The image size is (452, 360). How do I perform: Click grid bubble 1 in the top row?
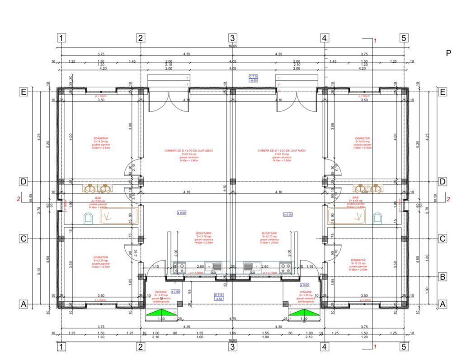pyautogui.click(x=61, y=38)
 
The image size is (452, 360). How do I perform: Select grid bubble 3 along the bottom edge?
pyautogui.click(x=232, y=347)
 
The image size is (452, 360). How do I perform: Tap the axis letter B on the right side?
pyautogui.click(x=443, y=276)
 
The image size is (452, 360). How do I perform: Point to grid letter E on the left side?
pyautogui.click(x=24, y=92)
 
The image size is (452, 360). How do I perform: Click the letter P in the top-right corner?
pyautogui.click(x=448, y=53)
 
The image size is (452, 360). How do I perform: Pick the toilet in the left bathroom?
pyautogui.click(x=88, y=219)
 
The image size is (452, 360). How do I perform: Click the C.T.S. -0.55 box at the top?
pyautogui.click(x=254, y=78)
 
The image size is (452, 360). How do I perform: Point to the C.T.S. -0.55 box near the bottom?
pyautogui.click(x=219, y=297)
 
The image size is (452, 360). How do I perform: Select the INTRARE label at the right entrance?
pyautogui.click(x=306, y=296)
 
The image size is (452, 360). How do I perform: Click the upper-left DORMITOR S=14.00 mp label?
pyautogui.click(x=101, y=143)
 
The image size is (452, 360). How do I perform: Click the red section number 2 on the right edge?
pyautogui.click(x=448, y=199)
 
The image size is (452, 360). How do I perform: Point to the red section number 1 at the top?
pyautogui.click(x=375, y=41)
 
